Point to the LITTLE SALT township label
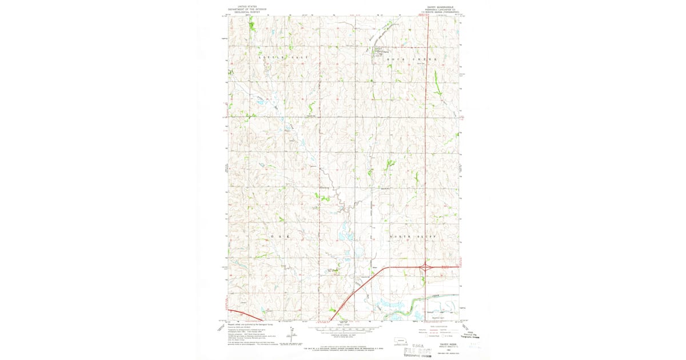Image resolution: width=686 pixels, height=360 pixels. click(284, 58)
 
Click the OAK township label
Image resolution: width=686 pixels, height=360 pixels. click(280, 236)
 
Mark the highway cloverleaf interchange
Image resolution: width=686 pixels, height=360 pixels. click(426, 266)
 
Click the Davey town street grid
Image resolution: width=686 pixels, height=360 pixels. click(378, 53)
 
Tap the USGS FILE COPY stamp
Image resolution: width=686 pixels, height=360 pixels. click(420, 347)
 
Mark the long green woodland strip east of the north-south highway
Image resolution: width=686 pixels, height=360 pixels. click(437, 83)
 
